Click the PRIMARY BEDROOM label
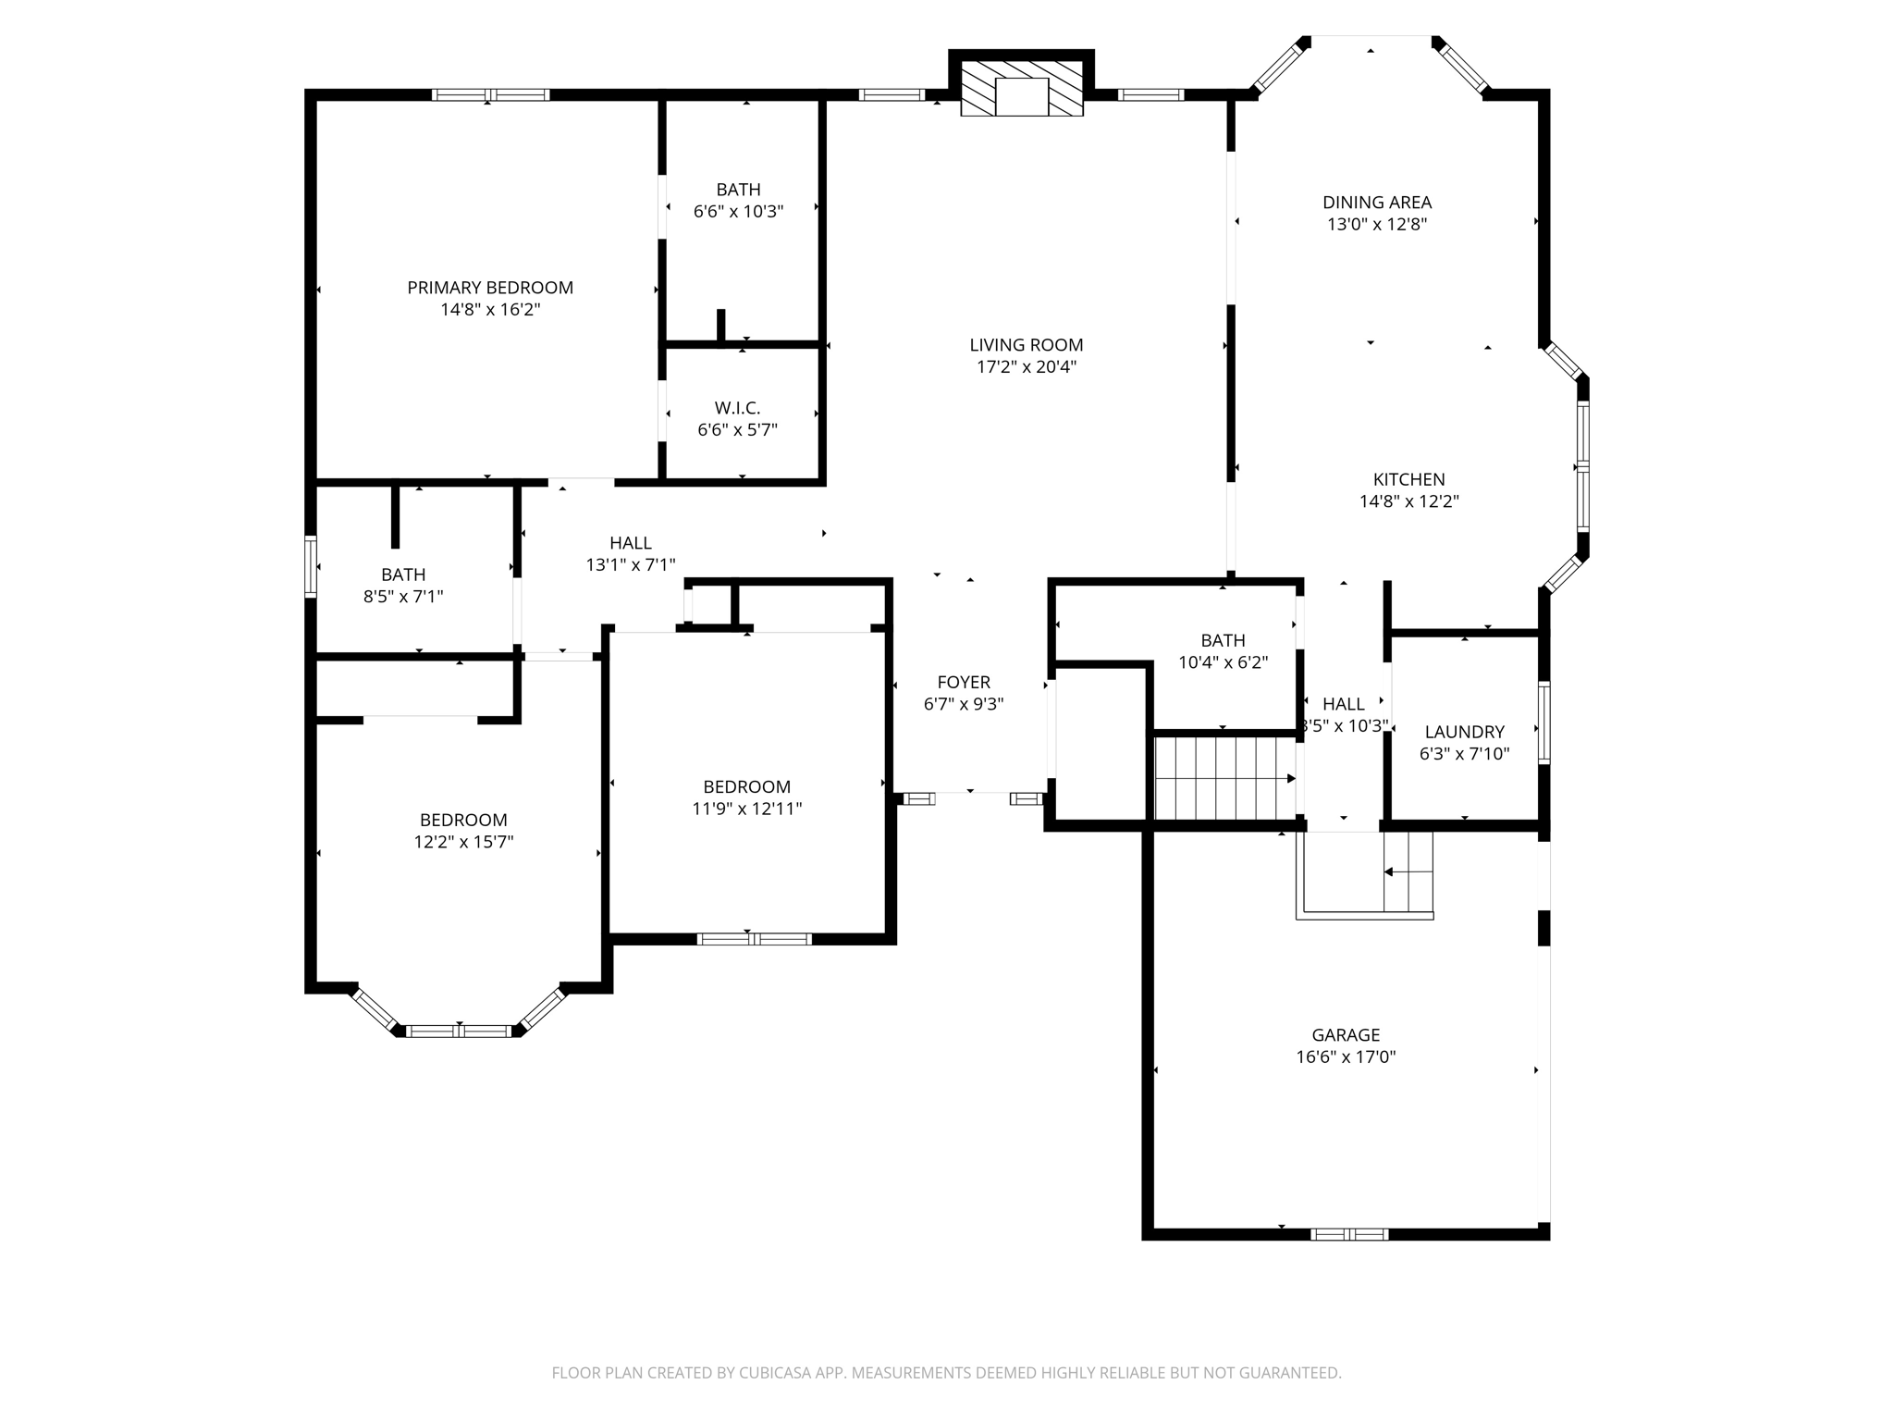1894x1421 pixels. click(x=490, y=288)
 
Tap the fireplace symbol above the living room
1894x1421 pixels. click(x=1021, y=90)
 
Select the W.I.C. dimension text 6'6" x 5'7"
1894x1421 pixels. click(x=737, y=430)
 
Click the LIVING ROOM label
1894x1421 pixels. click(x=1026, y=345)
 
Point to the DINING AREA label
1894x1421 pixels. click(x=1377, y=203)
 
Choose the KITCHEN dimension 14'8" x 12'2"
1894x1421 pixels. click(x=1408, y=501)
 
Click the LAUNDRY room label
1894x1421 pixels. click(x=1464, y=732)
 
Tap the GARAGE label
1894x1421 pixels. click(x=1346, y=1035)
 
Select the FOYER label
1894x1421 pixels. click(x=964, y=683)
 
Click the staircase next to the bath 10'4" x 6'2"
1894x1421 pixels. click(x=1224, y=778)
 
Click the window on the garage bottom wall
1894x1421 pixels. click(x=1349, y=1234)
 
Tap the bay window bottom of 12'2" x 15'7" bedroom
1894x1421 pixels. click(x=460, y=1031)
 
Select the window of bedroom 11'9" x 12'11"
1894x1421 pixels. click(x=754, y=939)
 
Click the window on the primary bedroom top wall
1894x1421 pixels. click(x=490, y=94)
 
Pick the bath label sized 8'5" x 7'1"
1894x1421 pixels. click(x=403, y=575)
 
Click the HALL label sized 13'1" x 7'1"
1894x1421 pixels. click(x=631, y=543)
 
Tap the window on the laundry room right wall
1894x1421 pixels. click(x=1543, y=723)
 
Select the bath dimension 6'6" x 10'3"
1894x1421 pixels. click(x=738, y=212)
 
